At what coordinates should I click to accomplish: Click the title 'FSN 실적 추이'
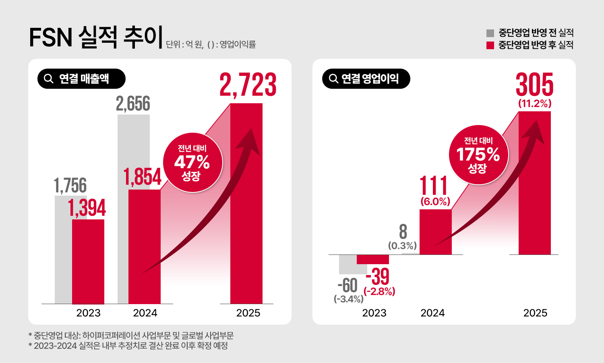pyautogui.click(x=96, y=37)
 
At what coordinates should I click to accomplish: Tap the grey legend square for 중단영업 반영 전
pyautogui.click(x=490, y=33)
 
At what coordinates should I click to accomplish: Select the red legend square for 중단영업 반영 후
pyautogui.click(x=490, y=45)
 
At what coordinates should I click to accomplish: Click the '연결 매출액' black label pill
pyautogui.click(x=81, y=79)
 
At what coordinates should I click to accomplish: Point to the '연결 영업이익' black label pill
pyautogui.click(x=366, y=79)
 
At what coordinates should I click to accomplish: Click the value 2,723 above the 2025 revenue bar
pyautogui.click(x=248, y=85)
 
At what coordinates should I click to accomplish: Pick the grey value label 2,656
pyautogui.click(x=133, y=104)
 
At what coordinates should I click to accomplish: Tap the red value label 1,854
pyautogui.click(x=143, y=177)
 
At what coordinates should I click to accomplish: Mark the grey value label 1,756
pyautogui.click(x=70, y=186)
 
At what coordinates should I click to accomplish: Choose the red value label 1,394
pyautogui.click(x=87, y=208)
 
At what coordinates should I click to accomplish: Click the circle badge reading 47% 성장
pyautogui.click(x=192, y=163)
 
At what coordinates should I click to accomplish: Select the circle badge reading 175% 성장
pyautogui.click(x=478, y=155)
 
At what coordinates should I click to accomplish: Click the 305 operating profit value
pyautogui.click(x=534, y=85)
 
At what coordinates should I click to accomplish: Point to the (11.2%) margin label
pyautogui.click(x=535, y=104)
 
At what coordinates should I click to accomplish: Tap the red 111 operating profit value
pyautogui.click(x=434, y=186)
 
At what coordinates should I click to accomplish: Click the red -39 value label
pyautogui.click(x=378, y=277)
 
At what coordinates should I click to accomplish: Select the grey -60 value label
pyautogui.click(x=348, y=286)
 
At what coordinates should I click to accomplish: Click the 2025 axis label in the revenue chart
pyautogui.click(x=248, y=313)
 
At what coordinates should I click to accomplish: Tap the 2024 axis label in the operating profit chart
pyautogui.click(x=432, y=313)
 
